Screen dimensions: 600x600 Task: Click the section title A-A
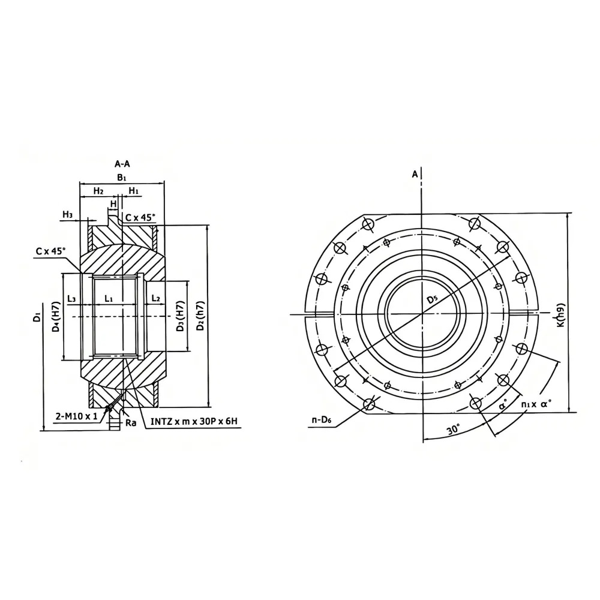pyautogui.click(x=122, y=163)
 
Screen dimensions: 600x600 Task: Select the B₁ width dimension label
pyautogui.click(x=122, y=178)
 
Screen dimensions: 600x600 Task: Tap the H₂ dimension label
pyautogui.click(x=98, y=191)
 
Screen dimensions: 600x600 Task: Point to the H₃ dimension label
pyautogui.click(x=67, y=214)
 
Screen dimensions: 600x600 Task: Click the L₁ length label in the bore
pyautogui.click(x=109, y=298)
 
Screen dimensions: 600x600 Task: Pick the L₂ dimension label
pyautogui.click(x=155, y=298)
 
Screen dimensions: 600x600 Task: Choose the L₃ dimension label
pyautogui.click(x=72, y=298)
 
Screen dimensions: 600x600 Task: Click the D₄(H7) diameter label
pyautogui.click(x=55, y=318)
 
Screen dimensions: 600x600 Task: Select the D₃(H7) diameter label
pyautogui.click(x=179, y=318)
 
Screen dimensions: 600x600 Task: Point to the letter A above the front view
pyautogui.click(x=414, y=174)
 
